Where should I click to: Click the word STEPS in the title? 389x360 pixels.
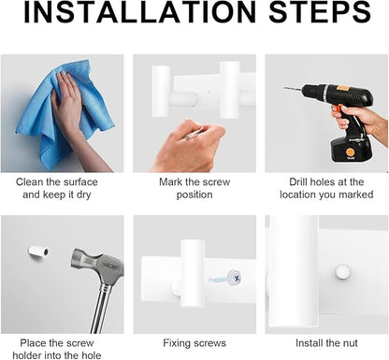click(x=320, y=12)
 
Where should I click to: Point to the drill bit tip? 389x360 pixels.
click(x=285, y=89)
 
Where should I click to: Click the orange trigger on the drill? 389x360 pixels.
click(x=337, y=110)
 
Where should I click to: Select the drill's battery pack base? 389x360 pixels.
click(x=351, y=150)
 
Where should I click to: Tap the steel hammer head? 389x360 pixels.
click(x=97, y=264)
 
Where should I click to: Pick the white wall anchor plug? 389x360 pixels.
click(x=38, y=251)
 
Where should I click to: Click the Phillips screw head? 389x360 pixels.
click(x=235, y=277)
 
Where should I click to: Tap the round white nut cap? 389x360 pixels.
click(x=343, y=271)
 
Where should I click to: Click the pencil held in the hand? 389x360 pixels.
click(x=194, y=134)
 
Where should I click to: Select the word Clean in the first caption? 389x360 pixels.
click(x=30, y=182)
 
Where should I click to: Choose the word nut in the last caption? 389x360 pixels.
click(x=351, y=343)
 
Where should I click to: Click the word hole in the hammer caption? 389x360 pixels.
click(x=90, y=355)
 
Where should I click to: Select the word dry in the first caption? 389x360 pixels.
click(x=83, y=195)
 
